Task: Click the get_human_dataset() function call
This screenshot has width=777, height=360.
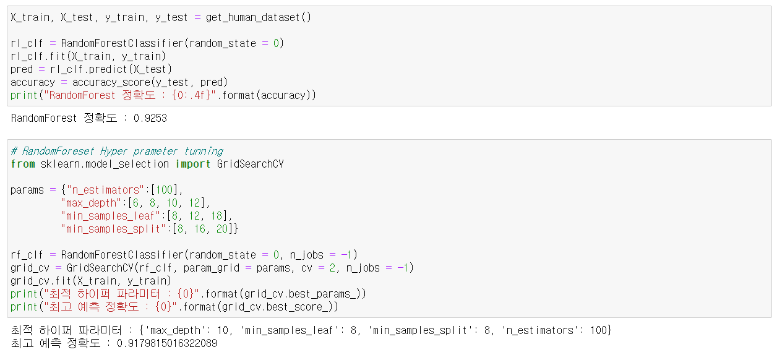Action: (259, 17)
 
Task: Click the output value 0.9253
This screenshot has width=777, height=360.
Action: (150, 118)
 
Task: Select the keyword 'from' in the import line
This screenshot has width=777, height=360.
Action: (23, 164)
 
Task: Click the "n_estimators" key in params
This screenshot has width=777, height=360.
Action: (102, 190)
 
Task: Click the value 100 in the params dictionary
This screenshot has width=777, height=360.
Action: (164, 190)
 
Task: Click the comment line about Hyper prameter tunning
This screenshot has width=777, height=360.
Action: (117, 151)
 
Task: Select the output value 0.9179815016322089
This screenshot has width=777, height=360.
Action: (167, 343)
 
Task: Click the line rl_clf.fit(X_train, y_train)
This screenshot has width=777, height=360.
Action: (88, 56)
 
